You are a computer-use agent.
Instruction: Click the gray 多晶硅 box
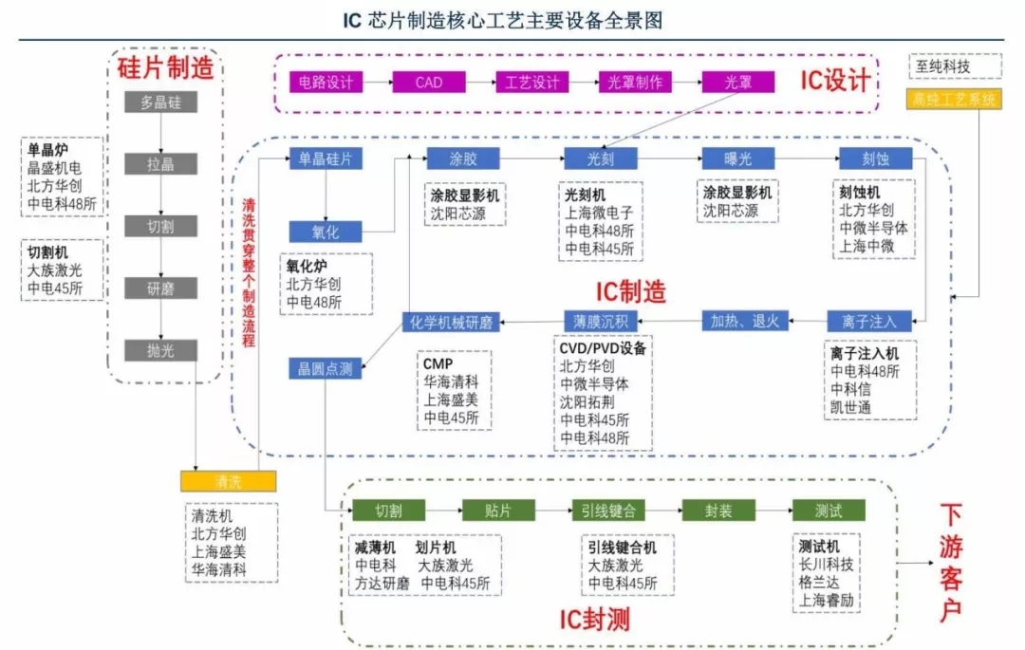[x=160, y=102]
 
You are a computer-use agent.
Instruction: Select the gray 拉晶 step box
[x=160, y=164]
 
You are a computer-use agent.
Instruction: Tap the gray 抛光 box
[x=160, y=350]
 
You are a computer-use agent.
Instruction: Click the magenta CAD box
[x=429, y=83]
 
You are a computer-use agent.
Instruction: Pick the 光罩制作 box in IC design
[x=635, y=83]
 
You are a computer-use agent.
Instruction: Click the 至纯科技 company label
[x=954, y=66]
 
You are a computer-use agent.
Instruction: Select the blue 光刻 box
[x=601, y=158]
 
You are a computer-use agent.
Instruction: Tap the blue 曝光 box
[x=738, y=158]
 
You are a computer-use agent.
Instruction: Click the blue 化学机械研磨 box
[x=451, y=322]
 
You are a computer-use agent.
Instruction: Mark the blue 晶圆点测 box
[x=325, y=368]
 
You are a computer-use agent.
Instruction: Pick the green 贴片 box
[x=498, y=511]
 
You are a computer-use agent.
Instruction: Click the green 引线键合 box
[x=609, y=511]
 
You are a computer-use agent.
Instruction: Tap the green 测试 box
[x=829, y=511]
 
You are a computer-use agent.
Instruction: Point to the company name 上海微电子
[x=599, y=213]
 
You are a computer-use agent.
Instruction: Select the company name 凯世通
[x=851, y=406]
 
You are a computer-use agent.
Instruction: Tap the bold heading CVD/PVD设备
[x=603, y=348]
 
